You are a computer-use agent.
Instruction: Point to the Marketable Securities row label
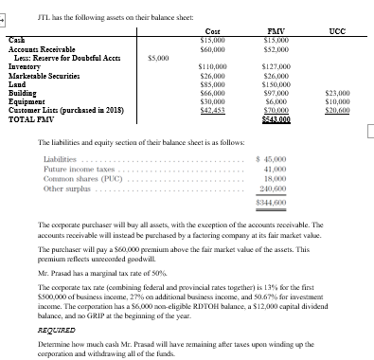[43, 76]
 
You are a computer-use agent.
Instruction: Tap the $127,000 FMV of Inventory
[275, 66]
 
